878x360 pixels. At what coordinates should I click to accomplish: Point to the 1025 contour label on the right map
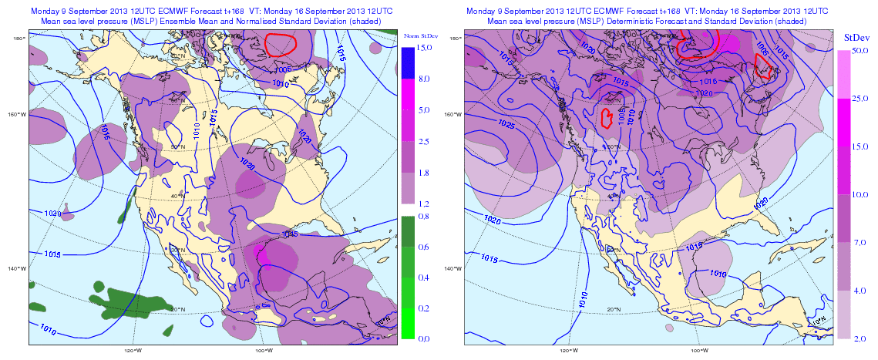506,124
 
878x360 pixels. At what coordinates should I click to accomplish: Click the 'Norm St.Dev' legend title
419,37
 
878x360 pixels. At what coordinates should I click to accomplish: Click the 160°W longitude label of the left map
15,115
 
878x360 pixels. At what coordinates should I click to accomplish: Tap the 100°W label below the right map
699,348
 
